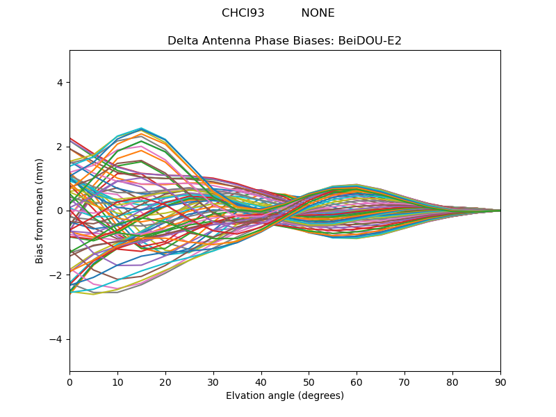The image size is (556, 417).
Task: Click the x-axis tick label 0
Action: coord(69,382)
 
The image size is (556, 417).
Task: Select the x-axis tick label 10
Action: coord(117,382)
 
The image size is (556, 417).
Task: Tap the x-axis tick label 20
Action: coord(165,382)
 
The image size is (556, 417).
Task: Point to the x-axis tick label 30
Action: coord(213,382)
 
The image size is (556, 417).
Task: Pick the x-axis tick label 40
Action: coord(261,382)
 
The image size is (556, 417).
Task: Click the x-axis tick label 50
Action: coord(309,382)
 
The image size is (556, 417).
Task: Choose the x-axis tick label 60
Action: coord(357,382)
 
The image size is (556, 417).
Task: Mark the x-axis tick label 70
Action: coord(404,382)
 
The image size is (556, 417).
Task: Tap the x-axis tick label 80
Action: coord(452,382)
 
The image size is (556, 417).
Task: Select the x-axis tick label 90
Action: coord(500,382)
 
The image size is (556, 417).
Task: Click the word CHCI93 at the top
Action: coord(243,13)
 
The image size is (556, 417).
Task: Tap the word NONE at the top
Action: coord(318,13)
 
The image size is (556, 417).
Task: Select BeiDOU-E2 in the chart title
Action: coord(370,41)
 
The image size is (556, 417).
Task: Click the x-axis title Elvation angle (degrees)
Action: coord(285,395)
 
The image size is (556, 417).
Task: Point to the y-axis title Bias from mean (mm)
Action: coord(40,211)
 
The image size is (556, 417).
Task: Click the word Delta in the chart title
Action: coord(182,41)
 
